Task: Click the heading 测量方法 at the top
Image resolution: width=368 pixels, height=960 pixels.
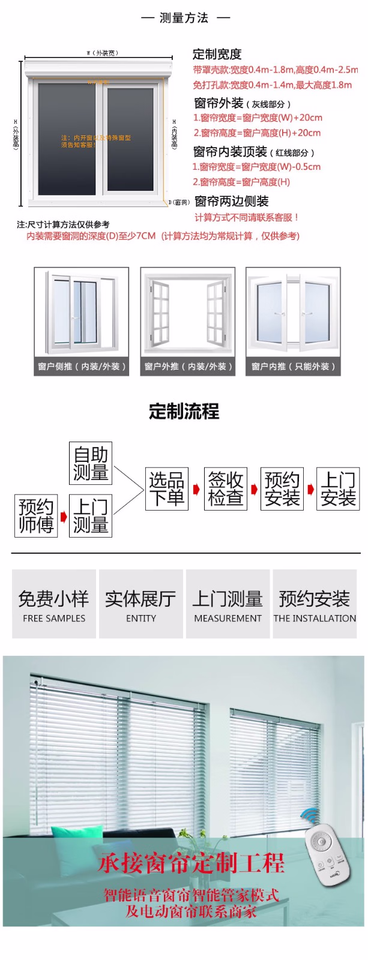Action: (x=184, y=18)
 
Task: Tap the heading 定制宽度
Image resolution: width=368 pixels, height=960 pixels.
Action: (x=217, y=54)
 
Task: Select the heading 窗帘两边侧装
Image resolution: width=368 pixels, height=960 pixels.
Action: (x=232, y=201)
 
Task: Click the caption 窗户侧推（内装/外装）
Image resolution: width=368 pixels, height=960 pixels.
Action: (x=82, y=366)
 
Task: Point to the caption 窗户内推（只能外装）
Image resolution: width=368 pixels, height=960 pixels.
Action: (x=293, y=366)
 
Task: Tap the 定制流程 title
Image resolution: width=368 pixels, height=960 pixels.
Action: (x=184, y=412)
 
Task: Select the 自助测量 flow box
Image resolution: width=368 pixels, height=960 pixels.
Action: (x=91, y=463)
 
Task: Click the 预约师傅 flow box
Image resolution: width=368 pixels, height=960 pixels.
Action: (x=36, y=515)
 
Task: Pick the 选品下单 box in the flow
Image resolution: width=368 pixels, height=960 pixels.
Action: (x=167, y=489)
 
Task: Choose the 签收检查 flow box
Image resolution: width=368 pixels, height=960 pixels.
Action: (x=225, y=489)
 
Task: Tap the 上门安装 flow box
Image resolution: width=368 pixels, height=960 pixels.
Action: (x=338, y=489)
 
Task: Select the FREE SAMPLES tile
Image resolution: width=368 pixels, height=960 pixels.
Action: (x=54, y=604)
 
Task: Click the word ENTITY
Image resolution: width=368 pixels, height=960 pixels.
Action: (x=141, y=619)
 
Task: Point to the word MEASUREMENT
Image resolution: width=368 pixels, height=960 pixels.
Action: (x=228, y=619)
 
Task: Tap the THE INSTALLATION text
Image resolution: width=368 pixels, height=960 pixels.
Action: (x=315, y=619)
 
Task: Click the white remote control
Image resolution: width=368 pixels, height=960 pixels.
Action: (x=327, y=854)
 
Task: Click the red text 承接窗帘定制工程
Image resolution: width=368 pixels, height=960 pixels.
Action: (x=191, y=863)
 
